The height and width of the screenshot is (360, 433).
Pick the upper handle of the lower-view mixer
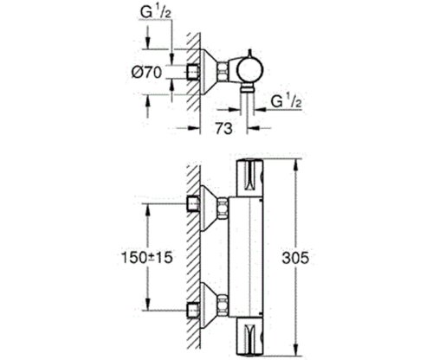252,178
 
